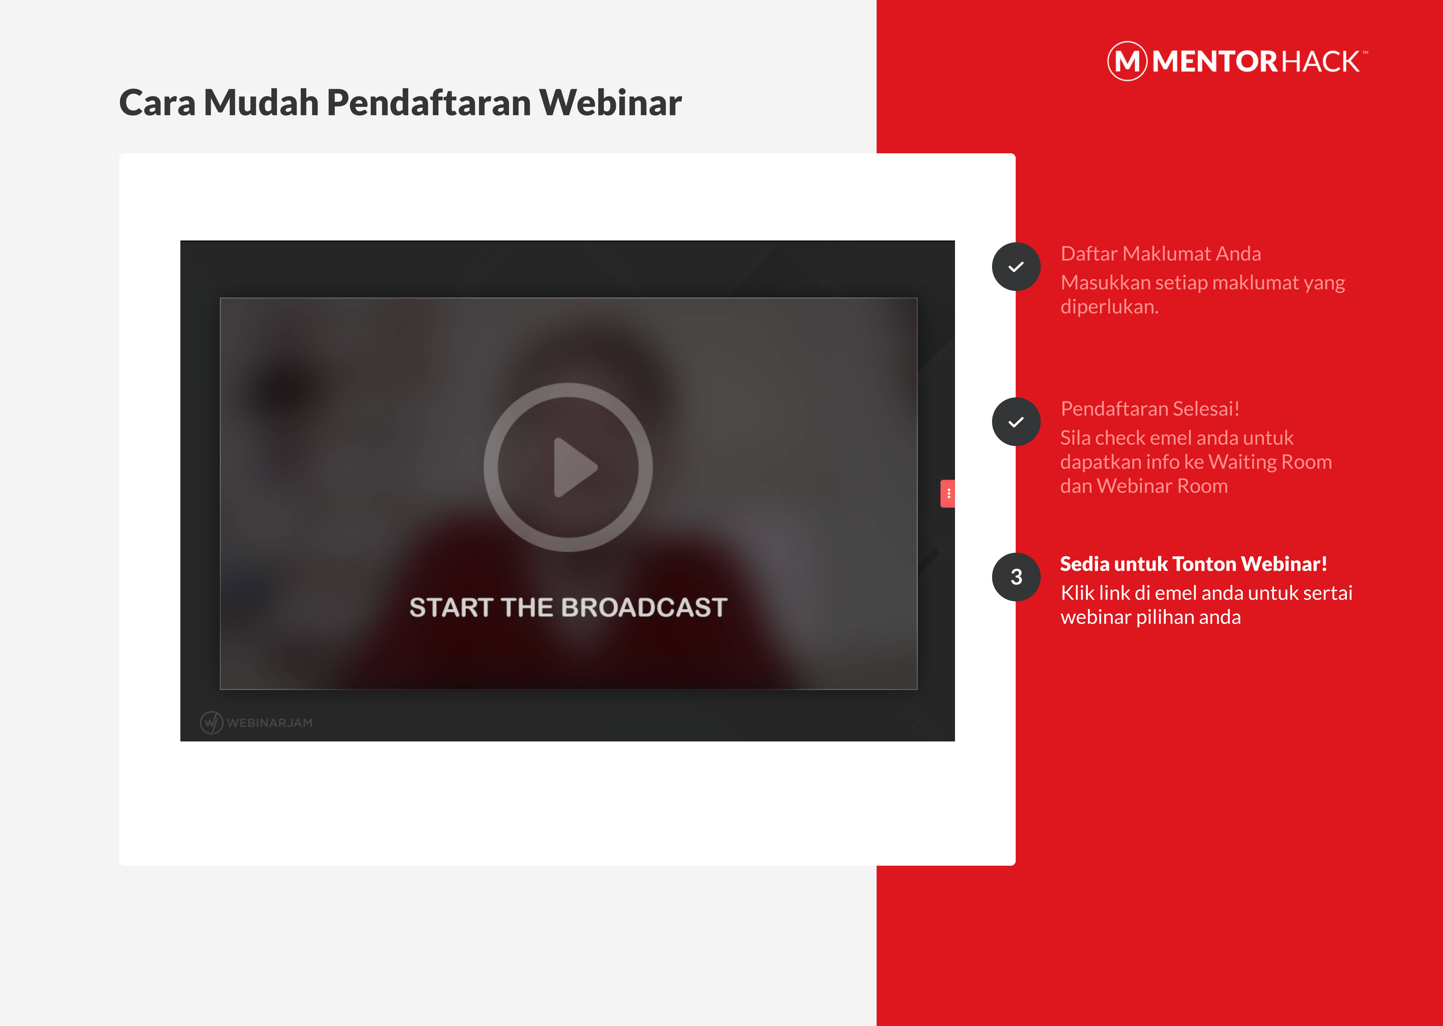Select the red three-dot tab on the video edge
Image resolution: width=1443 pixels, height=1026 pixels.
(948, 493)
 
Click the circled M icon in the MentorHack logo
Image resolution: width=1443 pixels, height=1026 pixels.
(1127, 61)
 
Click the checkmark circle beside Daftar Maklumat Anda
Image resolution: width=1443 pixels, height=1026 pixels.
(1016, 267)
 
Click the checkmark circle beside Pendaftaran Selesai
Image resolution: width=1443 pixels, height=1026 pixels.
(1016, 421)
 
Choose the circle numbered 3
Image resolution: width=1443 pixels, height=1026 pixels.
(1016, 577)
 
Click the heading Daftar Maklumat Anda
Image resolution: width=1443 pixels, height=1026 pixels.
(1161, 253)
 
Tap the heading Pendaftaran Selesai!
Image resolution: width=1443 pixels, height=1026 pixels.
(1150, 409)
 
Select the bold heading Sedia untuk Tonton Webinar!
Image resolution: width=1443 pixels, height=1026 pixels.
(1193, 563)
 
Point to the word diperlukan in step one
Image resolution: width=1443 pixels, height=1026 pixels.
(1109, 306)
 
